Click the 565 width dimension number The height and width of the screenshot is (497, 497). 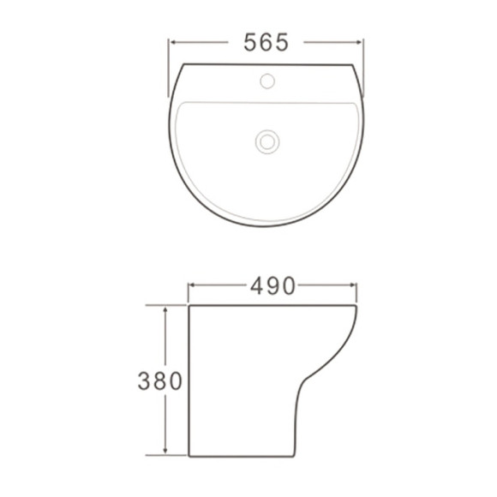265,41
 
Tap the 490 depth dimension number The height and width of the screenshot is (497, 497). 272,285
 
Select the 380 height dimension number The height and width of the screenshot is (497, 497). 160,380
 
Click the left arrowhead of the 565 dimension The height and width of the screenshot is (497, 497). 171,41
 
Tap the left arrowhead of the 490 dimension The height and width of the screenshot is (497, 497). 191,285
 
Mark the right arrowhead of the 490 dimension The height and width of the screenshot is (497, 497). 355,285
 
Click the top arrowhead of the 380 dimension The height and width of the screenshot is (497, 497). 166,308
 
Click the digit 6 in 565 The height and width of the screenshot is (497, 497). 265,41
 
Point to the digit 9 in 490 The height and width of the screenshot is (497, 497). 272,285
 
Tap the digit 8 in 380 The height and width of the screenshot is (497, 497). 160,380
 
